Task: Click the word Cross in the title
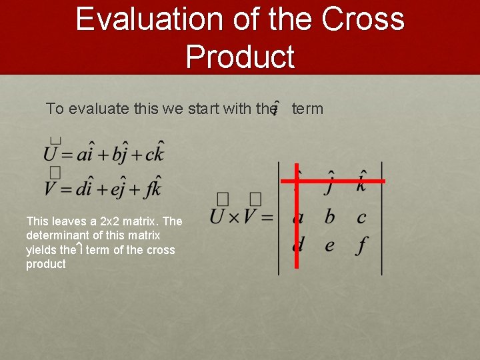coord(364,19)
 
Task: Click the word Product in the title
coord(240,57)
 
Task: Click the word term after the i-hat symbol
coord(307,109)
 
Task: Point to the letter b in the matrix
coord(329,217)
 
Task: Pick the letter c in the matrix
coord(361,217)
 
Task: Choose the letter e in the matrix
coord(329,245)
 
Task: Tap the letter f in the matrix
coord(361,245)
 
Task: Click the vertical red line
coord(297,227)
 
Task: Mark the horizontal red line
coord(333,181)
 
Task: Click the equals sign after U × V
coord(267,218)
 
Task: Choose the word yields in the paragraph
coord(41,250)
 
